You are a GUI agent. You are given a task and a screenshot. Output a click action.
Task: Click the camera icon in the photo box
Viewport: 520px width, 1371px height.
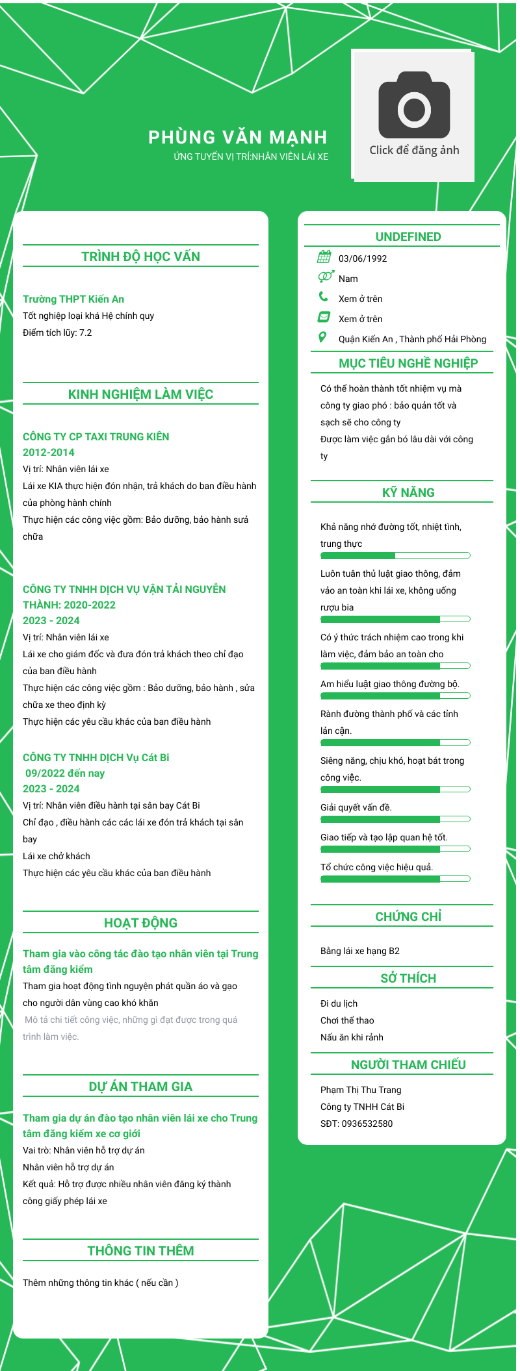click(x=414, y=105)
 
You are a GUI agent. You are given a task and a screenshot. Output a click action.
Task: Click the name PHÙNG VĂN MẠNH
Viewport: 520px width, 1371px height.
click(x=238, y=137)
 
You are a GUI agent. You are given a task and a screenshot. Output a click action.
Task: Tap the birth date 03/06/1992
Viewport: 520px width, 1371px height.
click(x=363, y=258)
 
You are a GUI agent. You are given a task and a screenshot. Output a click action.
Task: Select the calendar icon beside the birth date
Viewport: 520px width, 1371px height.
click(x=324, y=257)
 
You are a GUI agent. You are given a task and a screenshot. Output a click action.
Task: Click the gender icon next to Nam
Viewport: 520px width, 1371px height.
click(x=326, y=277)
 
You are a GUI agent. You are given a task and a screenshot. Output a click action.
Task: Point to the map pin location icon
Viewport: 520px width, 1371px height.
click(x=322, y=337)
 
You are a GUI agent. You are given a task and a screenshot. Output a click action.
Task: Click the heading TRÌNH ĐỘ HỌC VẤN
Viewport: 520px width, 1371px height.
click(x=140, y=257)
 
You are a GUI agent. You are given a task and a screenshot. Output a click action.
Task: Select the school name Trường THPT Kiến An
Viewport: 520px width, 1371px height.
click(x=73, y=299)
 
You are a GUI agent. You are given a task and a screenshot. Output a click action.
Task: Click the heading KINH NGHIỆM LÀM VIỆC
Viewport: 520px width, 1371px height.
click(x=140, y=394)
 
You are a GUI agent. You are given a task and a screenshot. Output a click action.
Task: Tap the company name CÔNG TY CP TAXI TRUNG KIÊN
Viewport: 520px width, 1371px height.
click(x=96, y=436)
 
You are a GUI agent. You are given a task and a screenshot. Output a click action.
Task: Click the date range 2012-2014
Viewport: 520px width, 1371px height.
click(x=49, y=452)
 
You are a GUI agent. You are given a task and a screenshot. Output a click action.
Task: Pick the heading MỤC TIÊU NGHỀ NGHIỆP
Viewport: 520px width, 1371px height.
click(x=408, y=363)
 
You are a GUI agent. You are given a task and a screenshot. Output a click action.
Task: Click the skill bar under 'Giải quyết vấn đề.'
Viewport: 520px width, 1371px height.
click(x=395, y=819)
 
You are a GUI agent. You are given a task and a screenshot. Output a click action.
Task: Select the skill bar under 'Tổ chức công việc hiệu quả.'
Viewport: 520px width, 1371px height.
click(x=395, y=879)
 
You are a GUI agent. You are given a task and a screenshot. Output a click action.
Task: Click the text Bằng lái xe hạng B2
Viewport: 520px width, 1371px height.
click(x=360, y=951)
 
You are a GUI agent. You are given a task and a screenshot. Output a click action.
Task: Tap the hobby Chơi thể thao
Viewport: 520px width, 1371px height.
click(x=347, y=1020)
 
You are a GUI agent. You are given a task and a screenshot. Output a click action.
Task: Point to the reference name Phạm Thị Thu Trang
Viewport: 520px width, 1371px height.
click(x=361, y=1090)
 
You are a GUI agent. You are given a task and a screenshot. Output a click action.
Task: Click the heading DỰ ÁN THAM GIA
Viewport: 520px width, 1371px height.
click(x=140, y=1087)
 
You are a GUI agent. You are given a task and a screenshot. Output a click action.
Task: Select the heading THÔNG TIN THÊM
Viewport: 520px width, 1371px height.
click(x=140, y=1251)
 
